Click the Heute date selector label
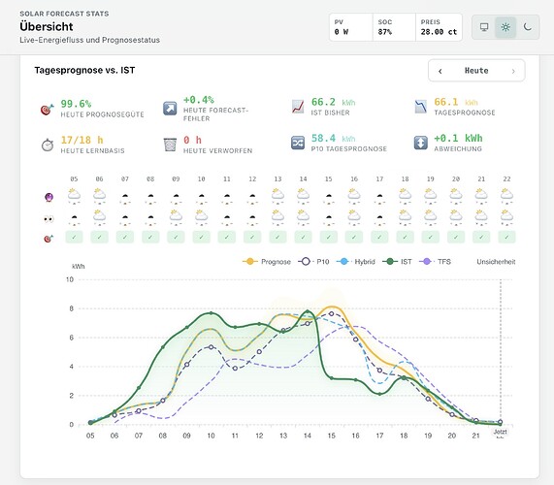click(x=476, y=71)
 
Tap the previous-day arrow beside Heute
click(x=440, y=71)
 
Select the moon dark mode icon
click(x=528, y=27)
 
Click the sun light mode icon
click(x=505, y=27)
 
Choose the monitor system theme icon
click(x=484, y=27)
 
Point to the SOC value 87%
click(x=385, y=32)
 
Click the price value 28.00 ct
click(x=439, y=32)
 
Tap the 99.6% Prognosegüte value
click(x=76, y=104)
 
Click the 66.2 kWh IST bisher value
click(x=333, y=102)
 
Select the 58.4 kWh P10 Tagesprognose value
click(x=333, y=138)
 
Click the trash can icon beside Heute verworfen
click(x=170, y=145)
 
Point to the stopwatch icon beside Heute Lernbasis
click(x=48, y=145)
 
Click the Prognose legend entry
click(x=267, y=262)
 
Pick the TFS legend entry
click(x=435, y=262)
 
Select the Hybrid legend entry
click(x=356, y=262)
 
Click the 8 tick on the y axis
click(x=72, y=308)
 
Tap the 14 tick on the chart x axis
click(x=308, y=436)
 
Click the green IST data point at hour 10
click(x=211, y=313)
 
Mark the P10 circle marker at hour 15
click(x=332, y=313)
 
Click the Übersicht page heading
click(x=47, y=26)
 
